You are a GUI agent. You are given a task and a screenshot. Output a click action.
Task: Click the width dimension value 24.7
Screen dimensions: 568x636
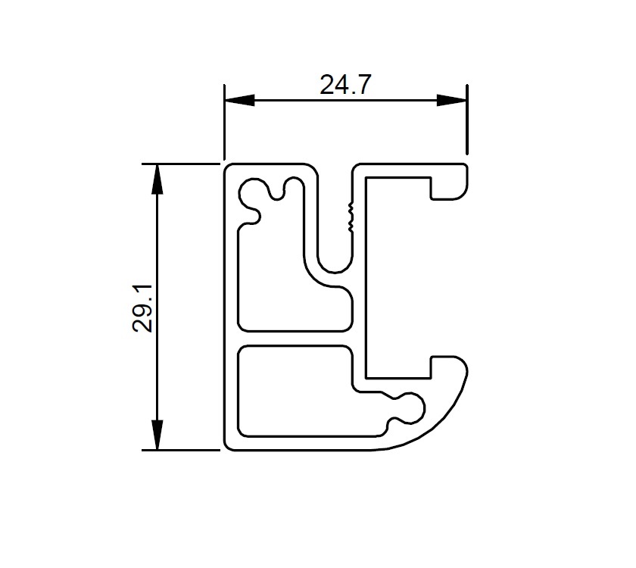click(344, 85)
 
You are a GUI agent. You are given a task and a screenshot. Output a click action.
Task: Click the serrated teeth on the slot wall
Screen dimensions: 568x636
click(349, 216)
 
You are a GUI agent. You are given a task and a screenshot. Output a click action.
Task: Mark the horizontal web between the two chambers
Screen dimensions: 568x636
click(295, 339)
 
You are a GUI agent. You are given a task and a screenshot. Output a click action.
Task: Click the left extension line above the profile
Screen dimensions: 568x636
click(223, 121)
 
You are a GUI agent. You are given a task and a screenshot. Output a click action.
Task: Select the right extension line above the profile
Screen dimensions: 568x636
click(466, 121)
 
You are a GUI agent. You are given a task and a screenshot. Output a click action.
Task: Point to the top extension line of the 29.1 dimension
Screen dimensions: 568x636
click(182, 162)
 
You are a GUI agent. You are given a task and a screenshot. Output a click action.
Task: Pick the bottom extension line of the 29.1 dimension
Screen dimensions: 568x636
click(182, 450)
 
